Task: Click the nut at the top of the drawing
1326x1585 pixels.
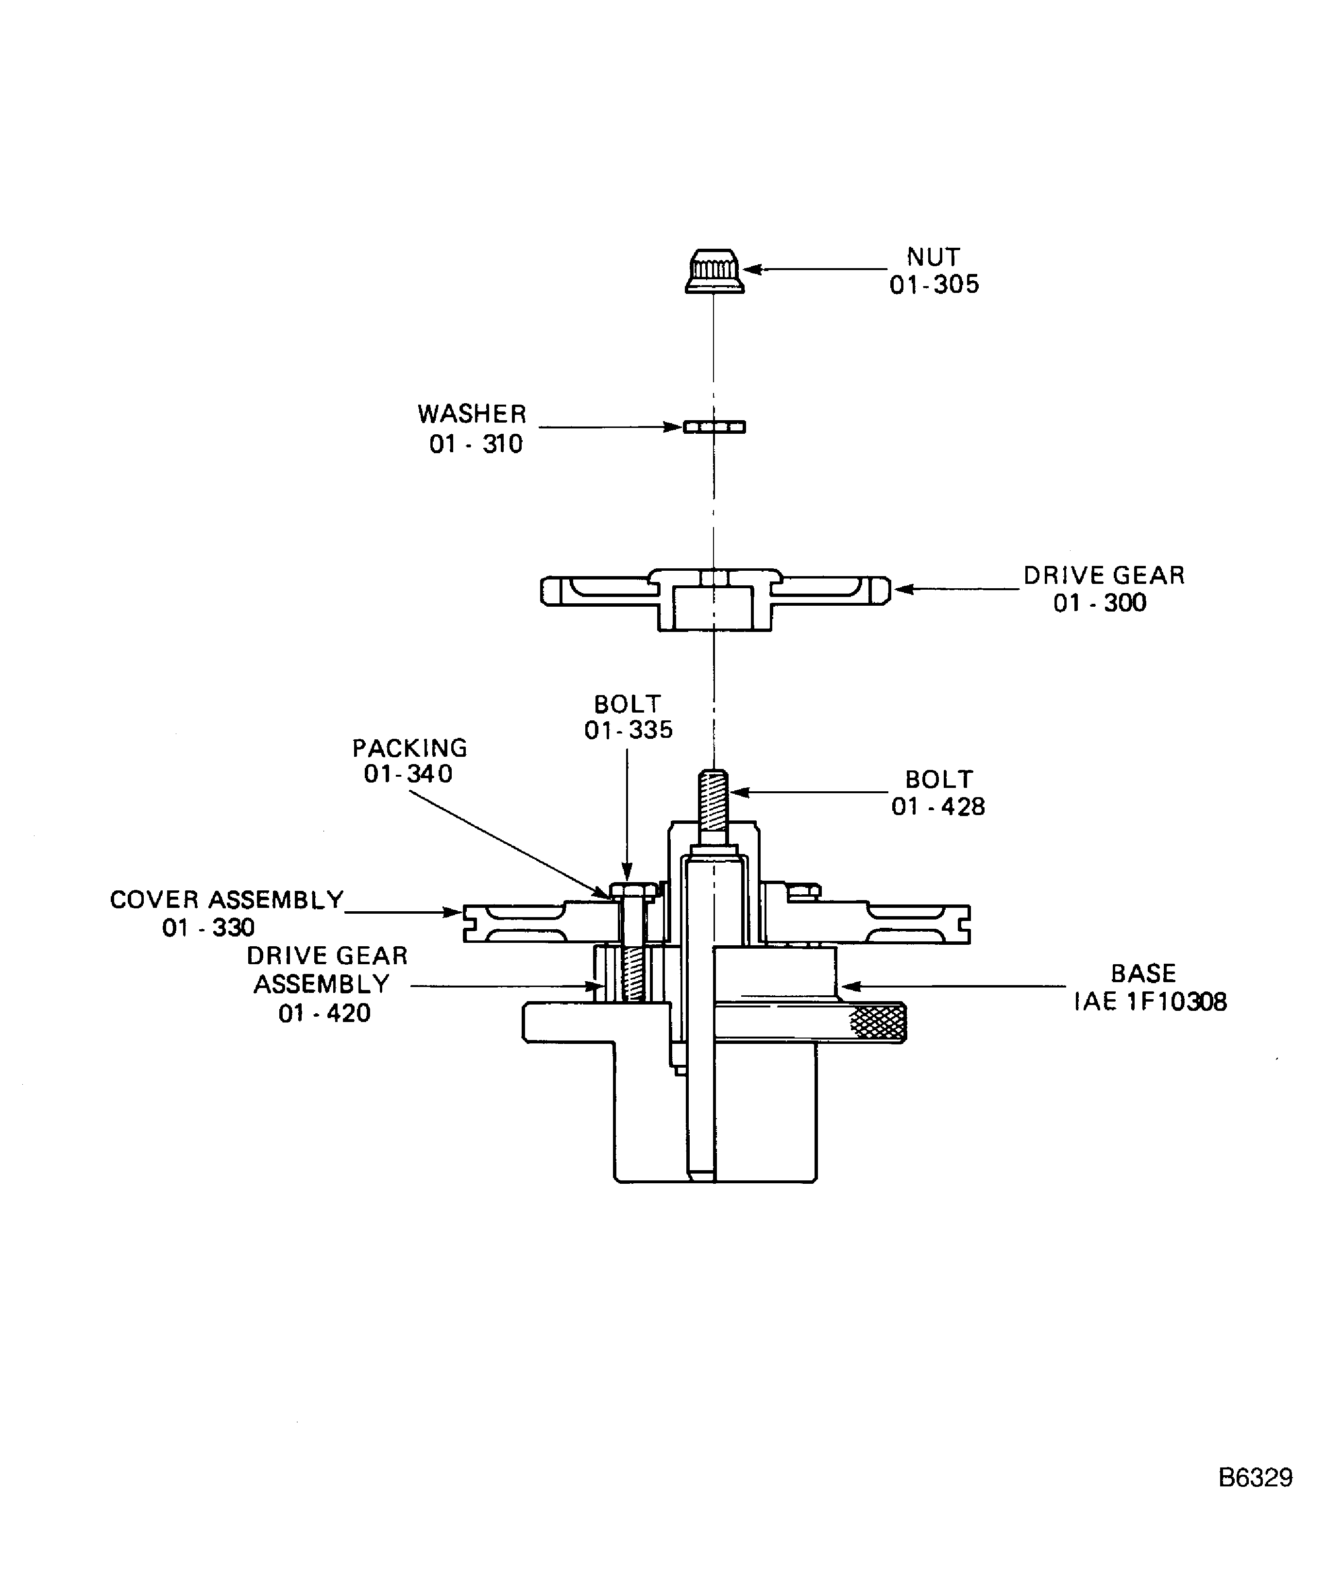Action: click(714, 271)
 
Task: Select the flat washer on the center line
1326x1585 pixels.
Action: click(714, 427)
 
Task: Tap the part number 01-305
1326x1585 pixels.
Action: click(935, 285)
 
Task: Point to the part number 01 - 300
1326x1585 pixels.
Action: click(1100, 603)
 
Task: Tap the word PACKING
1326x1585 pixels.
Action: click(410, 748)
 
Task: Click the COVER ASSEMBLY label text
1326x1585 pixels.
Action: click(226, 900)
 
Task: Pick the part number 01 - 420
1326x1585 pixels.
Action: click(324, 1013)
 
